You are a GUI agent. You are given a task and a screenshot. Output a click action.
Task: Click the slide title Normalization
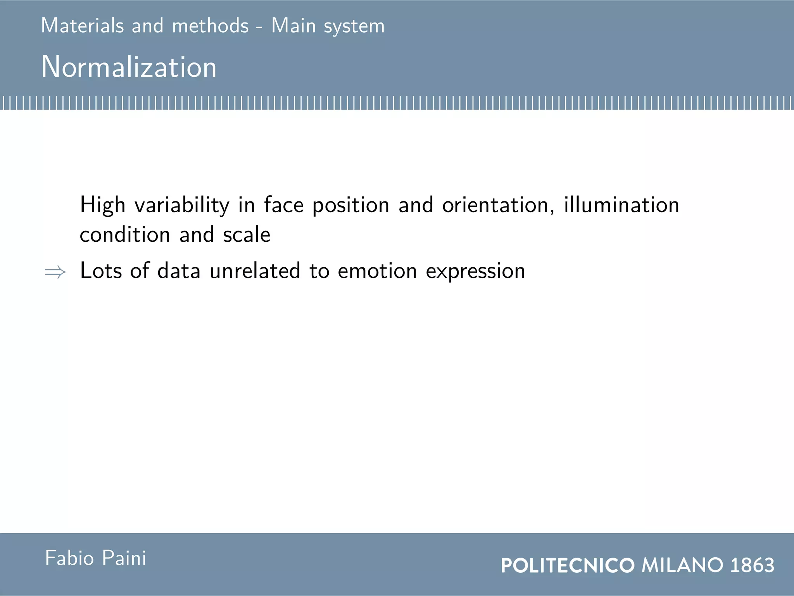click(129, 67)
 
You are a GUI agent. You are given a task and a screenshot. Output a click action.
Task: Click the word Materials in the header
click(82, 26)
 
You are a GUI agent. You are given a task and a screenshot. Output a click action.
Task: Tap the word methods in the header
click(210, 26)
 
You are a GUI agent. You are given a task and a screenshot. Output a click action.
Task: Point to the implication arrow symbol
click(55, 272)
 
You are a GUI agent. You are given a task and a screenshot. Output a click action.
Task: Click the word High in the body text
click(102, 205)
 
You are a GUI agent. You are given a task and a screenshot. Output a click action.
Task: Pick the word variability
click(182, 205)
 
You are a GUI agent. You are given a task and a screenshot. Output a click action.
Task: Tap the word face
click(284, 205)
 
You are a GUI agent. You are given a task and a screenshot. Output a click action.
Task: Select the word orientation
click(498, 205)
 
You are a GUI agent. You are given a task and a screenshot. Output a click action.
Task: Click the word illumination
click(621, 205)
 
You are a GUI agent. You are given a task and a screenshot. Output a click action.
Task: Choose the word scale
click(247, 234)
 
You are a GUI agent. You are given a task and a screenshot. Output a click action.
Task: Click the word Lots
click(101, 270)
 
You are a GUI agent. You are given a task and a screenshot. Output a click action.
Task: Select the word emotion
click(377, 270)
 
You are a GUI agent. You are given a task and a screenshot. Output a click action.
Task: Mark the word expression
click(475, 271)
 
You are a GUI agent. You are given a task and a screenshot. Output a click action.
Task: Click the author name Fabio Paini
click(96, 558)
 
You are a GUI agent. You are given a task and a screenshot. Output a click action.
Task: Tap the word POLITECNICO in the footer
click(568, 565)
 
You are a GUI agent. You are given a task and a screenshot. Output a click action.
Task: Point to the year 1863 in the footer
click(752, 565)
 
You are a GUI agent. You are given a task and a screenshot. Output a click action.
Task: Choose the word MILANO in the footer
click(682, 565)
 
